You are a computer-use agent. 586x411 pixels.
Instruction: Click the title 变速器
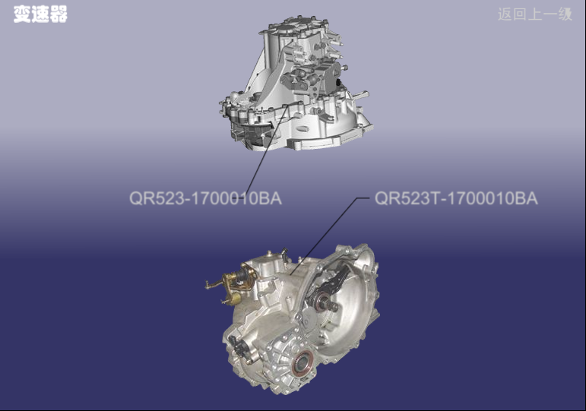pos(40,14)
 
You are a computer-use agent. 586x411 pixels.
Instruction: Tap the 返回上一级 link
pos(535,14)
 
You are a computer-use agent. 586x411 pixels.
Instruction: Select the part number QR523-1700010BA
pos(205,198)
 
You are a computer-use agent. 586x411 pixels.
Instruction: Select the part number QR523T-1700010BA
pos(456,198)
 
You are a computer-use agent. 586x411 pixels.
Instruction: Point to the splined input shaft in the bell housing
pos(331,305)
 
